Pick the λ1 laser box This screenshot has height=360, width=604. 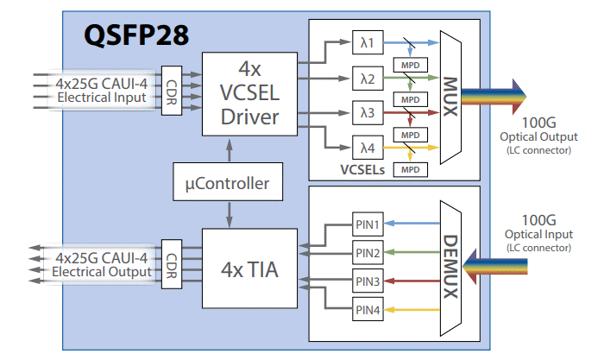(367, 42)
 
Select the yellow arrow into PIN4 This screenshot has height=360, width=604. (411, 310)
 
